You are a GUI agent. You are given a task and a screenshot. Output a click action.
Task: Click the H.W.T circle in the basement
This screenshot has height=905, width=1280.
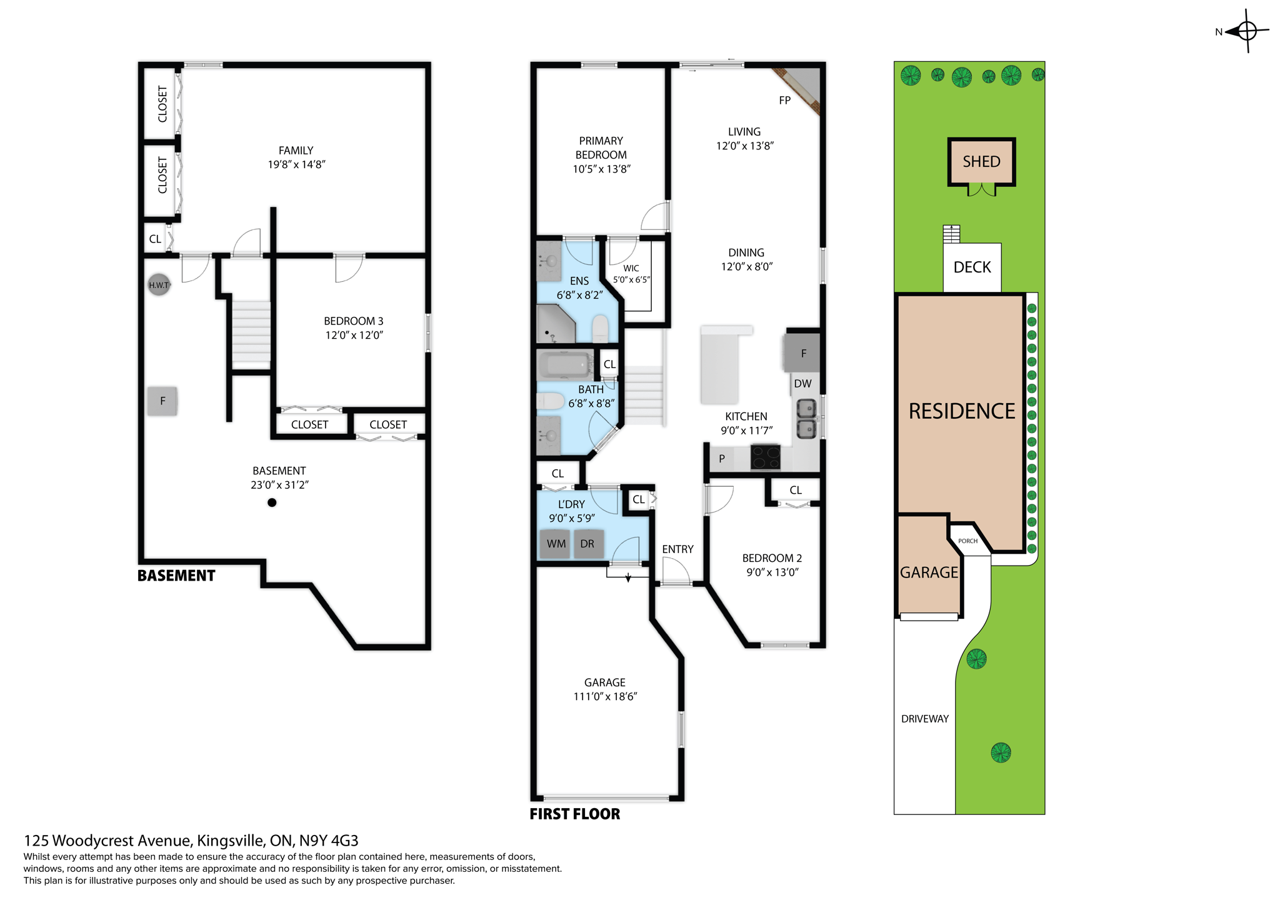[159, 285]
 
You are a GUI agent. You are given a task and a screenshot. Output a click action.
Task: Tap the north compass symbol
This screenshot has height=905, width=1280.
[1246, 31]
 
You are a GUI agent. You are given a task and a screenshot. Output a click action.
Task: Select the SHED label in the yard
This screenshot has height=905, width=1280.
[981, 162]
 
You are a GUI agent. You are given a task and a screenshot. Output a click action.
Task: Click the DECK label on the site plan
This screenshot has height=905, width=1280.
[972, 267]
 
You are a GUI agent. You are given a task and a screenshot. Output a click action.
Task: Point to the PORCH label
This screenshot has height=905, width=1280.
[967, 541]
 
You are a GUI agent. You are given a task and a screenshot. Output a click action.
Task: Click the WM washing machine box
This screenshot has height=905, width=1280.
[556, 544]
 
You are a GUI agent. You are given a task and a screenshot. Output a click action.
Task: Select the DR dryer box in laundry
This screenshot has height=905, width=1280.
[587, 544]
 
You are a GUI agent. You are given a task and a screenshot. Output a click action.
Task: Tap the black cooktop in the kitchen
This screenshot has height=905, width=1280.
[765, 457]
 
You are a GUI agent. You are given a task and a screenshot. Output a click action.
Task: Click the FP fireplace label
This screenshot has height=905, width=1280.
[784, 100]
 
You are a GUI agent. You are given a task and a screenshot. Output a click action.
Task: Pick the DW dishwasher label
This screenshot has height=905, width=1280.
[802, 384]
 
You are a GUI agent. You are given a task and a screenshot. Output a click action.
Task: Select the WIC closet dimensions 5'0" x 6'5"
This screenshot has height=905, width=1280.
[631, 279]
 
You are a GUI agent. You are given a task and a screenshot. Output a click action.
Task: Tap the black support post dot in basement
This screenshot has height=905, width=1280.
[272, 502]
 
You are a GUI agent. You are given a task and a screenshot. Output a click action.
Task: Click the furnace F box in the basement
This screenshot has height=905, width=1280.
[162, 401]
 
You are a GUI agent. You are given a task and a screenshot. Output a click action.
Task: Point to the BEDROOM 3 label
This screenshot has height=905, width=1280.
[353, 321]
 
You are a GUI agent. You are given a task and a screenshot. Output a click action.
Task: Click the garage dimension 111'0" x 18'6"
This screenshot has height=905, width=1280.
[604, 696]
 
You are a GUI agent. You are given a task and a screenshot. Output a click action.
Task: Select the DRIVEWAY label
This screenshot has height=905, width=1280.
[924, 719]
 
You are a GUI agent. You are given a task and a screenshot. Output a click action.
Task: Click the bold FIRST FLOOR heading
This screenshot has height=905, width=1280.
[574, 814]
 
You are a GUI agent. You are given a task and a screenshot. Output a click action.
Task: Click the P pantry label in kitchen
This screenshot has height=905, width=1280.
[721, 459]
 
